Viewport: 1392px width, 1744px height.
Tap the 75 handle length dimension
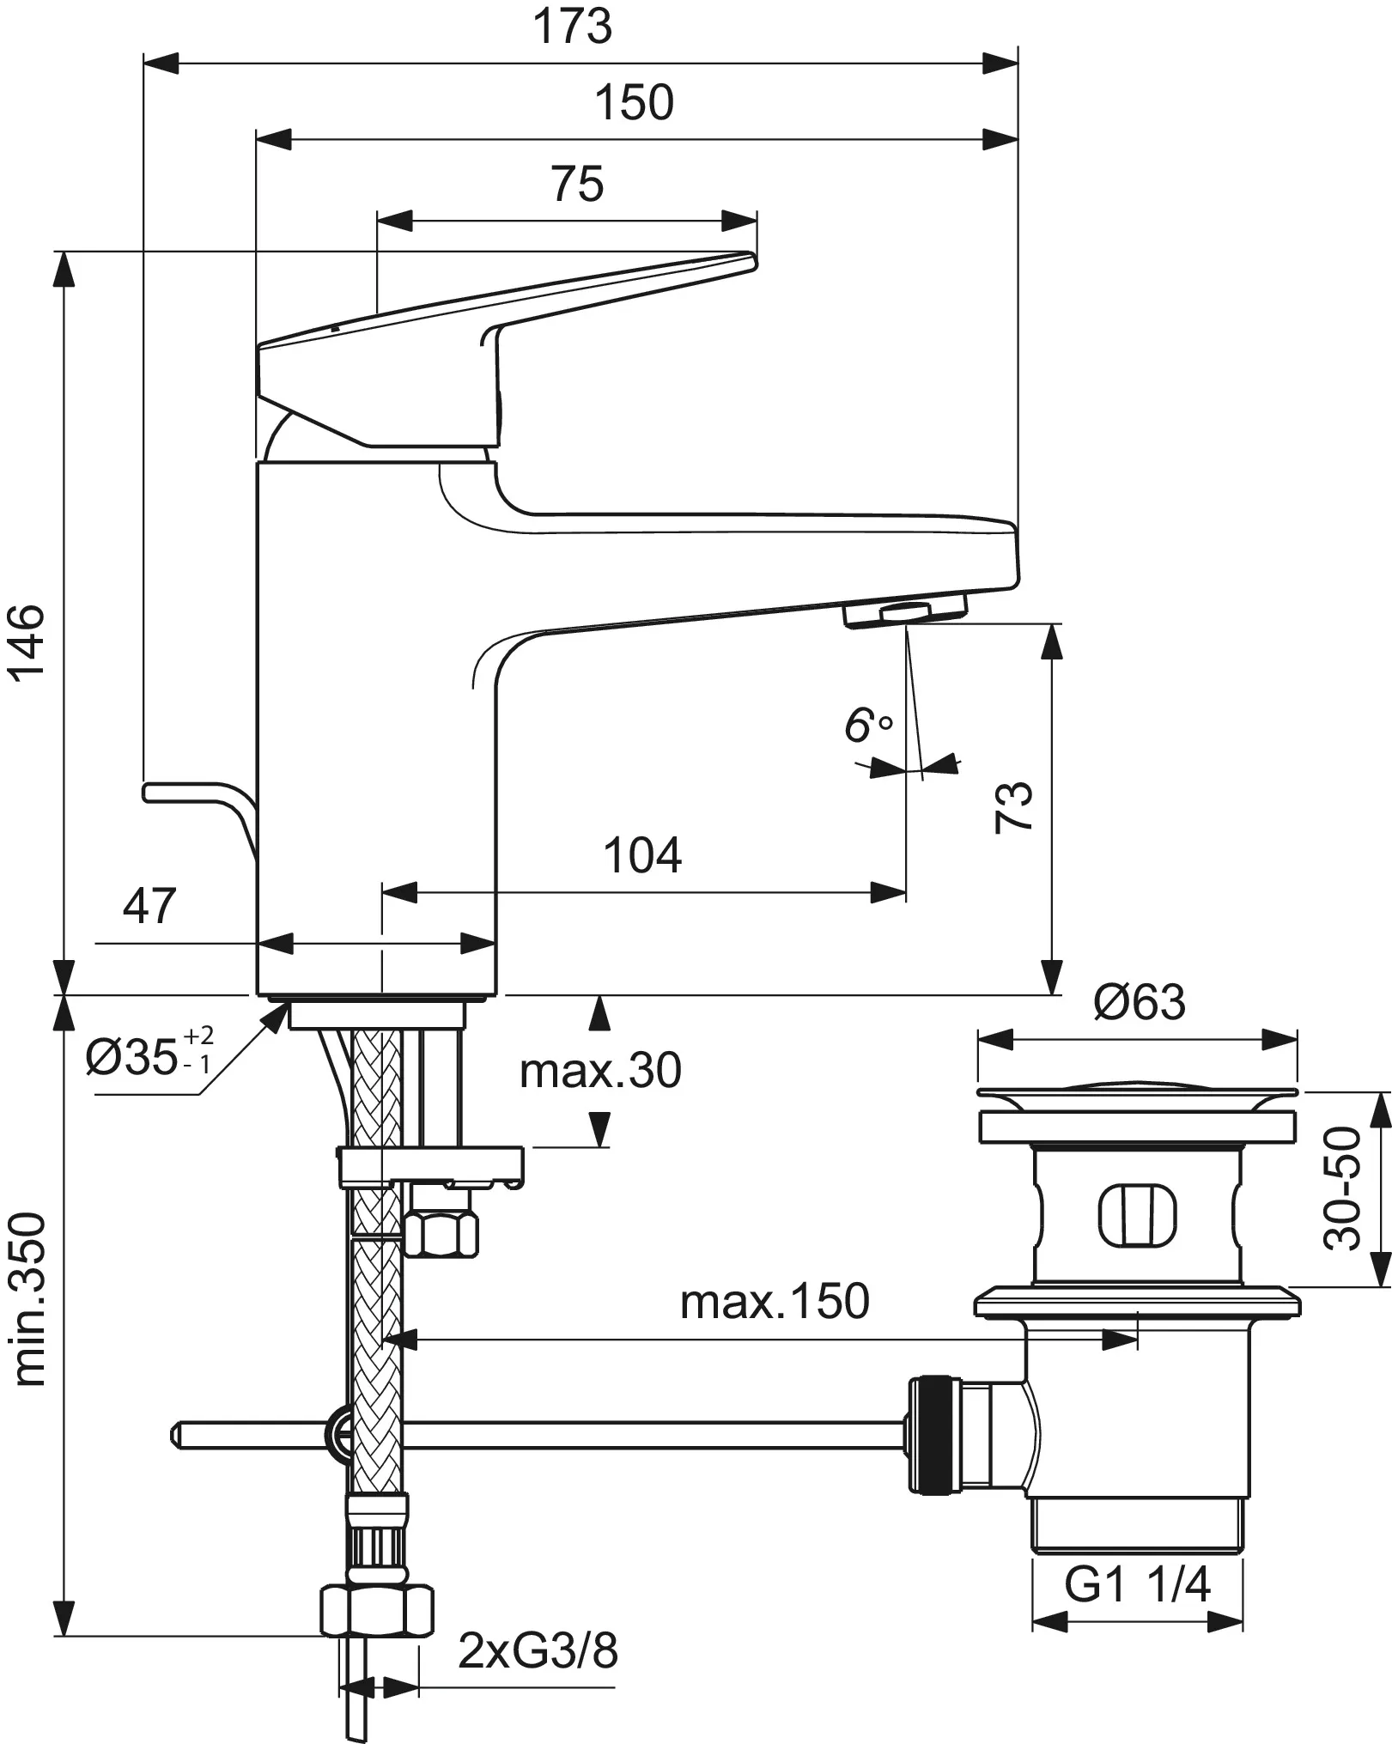[x=577, y=184]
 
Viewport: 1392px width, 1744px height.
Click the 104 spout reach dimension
[x=642, y=855]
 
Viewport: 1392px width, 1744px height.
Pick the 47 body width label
[x=149, y=906]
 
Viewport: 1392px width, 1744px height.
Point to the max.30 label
[x=600, y=1071]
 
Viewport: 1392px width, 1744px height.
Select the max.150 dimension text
[x=775, y=1302]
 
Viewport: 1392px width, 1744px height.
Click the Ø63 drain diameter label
[x=1139, y=1002]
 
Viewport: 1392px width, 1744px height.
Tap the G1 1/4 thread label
[x=1137, y=1584]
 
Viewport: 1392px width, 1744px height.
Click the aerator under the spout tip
[x=906, y=611]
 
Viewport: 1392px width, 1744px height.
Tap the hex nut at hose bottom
[x=377, y=1612]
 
